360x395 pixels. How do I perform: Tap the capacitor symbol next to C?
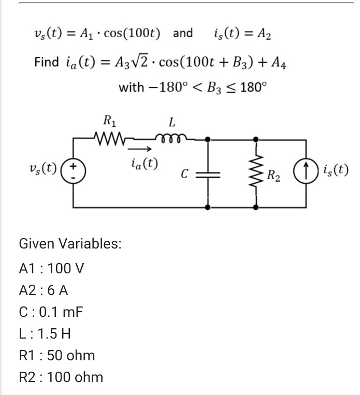(208, 175)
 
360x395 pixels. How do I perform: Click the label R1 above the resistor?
(110, 123)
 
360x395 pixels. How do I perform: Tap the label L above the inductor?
(171, 123)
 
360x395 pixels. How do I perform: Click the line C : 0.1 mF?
(50, 312)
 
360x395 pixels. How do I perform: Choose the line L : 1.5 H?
(46, 334)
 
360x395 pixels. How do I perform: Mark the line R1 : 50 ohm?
(56, 356)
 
